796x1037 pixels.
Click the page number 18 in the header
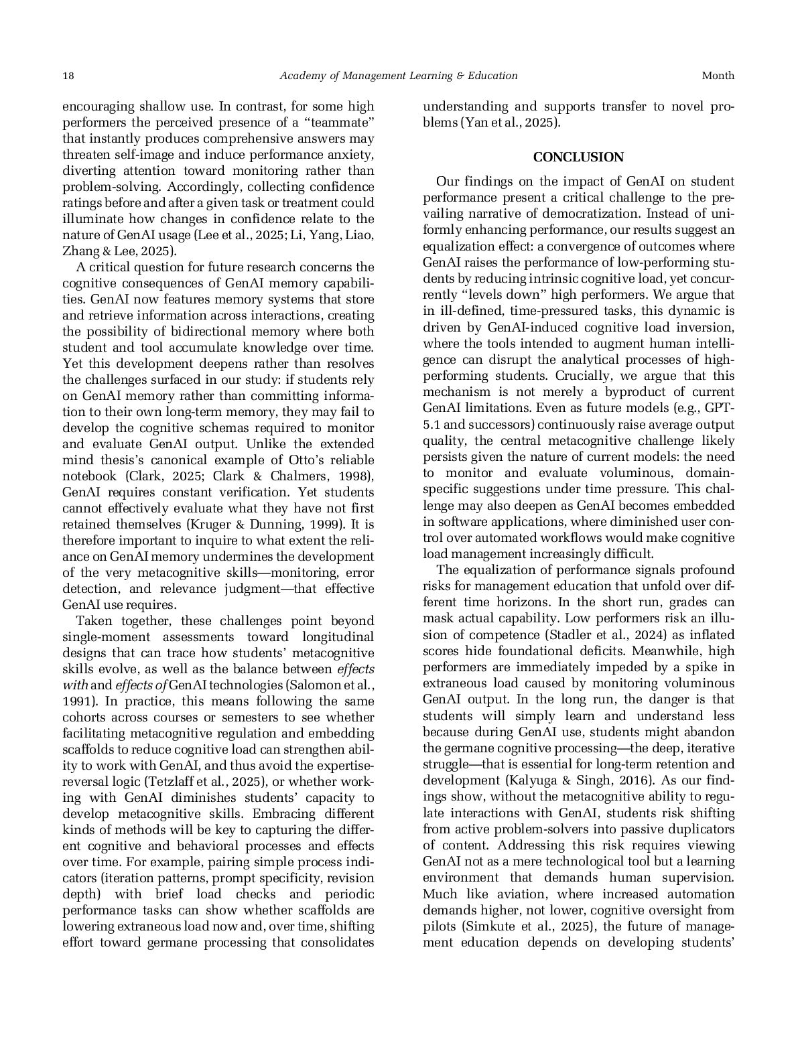click(68, 76)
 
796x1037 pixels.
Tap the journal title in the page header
click(398, 76)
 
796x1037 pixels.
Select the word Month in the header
click(718, 76)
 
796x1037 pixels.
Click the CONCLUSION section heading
click(578, 157)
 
